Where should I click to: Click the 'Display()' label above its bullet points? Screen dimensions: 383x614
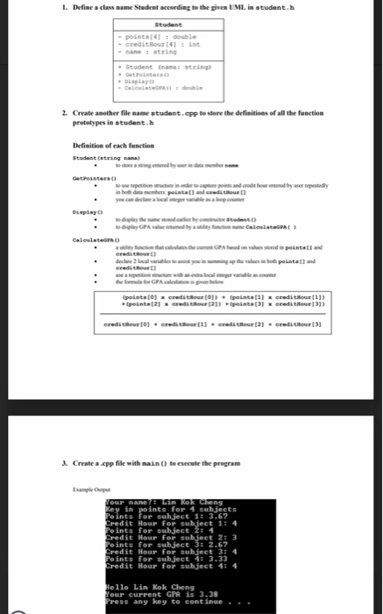pyautogui.click(x=85, y=210)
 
